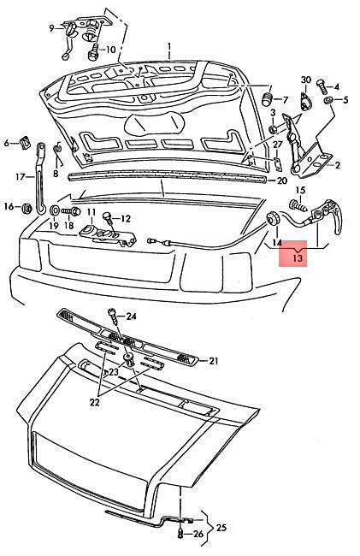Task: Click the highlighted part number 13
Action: coord(298,257)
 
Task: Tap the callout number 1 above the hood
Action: coord(169,47)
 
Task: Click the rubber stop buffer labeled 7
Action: coord(267,98)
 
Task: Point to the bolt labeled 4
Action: coord(320,86)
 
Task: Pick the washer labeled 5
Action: coord(328,99)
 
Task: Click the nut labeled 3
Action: coord(274,128)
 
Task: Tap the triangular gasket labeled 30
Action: coord(305,102)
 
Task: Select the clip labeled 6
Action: coord(25,143)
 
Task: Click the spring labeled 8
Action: coord(57,153)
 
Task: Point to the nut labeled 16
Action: coord(26,208)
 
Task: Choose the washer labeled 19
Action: coord(54,210)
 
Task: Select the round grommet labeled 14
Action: coord(273,218)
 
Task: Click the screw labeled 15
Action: coord(298,205)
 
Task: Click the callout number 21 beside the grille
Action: coord(213,361)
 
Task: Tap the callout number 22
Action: coord(95,402)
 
